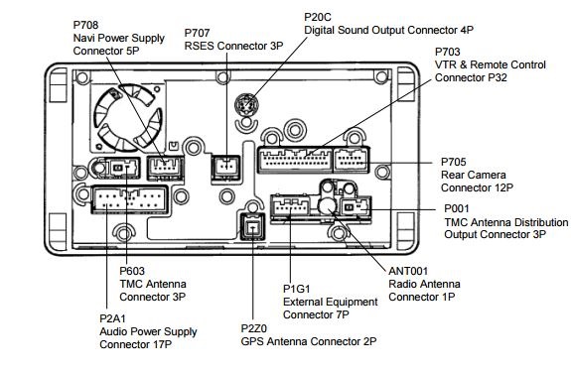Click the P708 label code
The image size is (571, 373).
point(85,25)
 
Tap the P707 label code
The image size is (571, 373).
point(197,33)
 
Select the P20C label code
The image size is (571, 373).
point(318,17)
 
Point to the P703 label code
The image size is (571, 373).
point(448,52)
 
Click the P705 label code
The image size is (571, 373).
point(454,162)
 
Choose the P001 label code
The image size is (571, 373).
point(457,209)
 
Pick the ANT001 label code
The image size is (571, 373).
point(408,271)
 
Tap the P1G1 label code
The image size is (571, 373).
point(297,289)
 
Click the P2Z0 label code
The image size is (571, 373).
point(254,328)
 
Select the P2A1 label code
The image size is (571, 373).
point(112,318)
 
